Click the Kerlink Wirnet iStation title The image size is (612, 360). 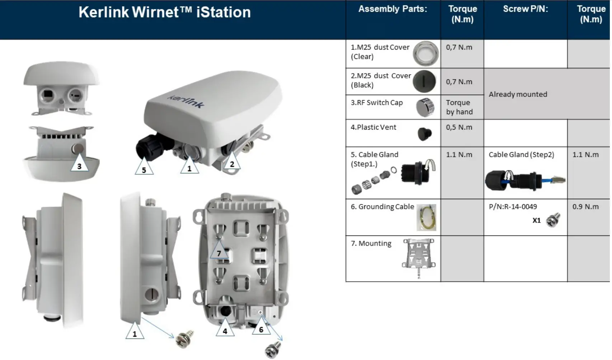164,13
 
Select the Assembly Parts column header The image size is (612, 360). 392,9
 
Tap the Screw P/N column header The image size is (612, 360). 525,9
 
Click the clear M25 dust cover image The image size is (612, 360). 425,54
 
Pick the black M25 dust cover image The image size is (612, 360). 424,81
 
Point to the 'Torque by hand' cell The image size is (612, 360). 459,107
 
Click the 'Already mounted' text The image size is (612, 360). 518,94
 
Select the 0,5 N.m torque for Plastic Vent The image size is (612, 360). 459,127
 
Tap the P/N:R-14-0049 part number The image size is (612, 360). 513,207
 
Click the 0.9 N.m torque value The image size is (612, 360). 585,207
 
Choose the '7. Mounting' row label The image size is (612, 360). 371,243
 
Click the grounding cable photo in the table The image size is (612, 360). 426,218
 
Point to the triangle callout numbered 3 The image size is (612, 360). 79,165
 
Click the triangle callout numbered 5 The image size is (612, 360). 144,168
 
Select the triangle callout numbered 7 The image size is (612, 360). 219,252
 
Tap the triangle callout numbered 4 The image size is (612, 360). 225,330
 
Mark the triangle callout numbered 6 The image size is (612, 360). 261,328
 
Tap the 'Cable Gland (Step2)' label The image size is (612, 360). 521,155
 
